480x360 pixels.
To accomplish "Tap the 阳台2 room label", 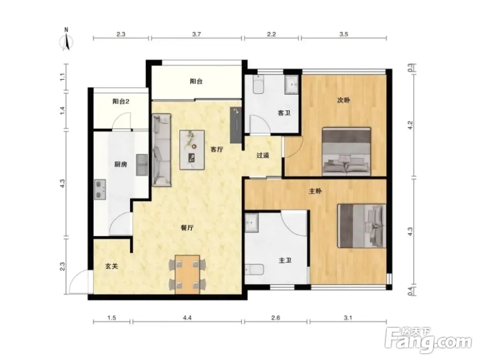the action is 121,101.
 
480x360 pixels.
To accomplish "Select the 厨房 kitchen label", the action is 120,164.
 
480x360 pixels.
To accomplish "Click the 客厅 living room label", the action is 217,149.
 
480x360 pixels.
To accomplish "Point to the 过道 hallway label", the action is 263,155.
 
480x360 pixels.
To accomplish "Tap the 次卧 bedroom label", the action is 344,100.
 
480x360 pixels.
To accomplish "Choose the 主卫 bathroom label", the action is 285,261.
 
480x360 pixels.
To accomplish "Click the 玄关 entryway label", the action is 111,266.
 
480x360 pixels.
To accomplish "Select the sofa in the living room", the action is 161,150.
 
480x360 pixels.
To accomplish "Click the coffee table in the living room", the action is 192,150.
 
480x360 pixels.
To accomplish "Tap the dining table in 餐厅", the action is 187,274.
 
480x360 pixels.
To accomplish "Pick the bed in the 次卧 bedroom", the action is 346,152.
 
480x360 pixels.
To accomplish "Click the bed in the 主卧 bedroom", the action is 361,226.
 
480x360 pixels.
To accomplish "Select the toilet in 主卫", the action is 254,269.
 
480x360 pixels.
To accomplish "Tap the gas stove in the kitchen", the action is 100,190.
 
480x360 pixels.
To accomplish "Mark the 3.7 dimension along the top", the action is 196,34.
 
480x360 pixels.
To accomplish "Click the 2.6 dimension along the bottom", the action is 276,318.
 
